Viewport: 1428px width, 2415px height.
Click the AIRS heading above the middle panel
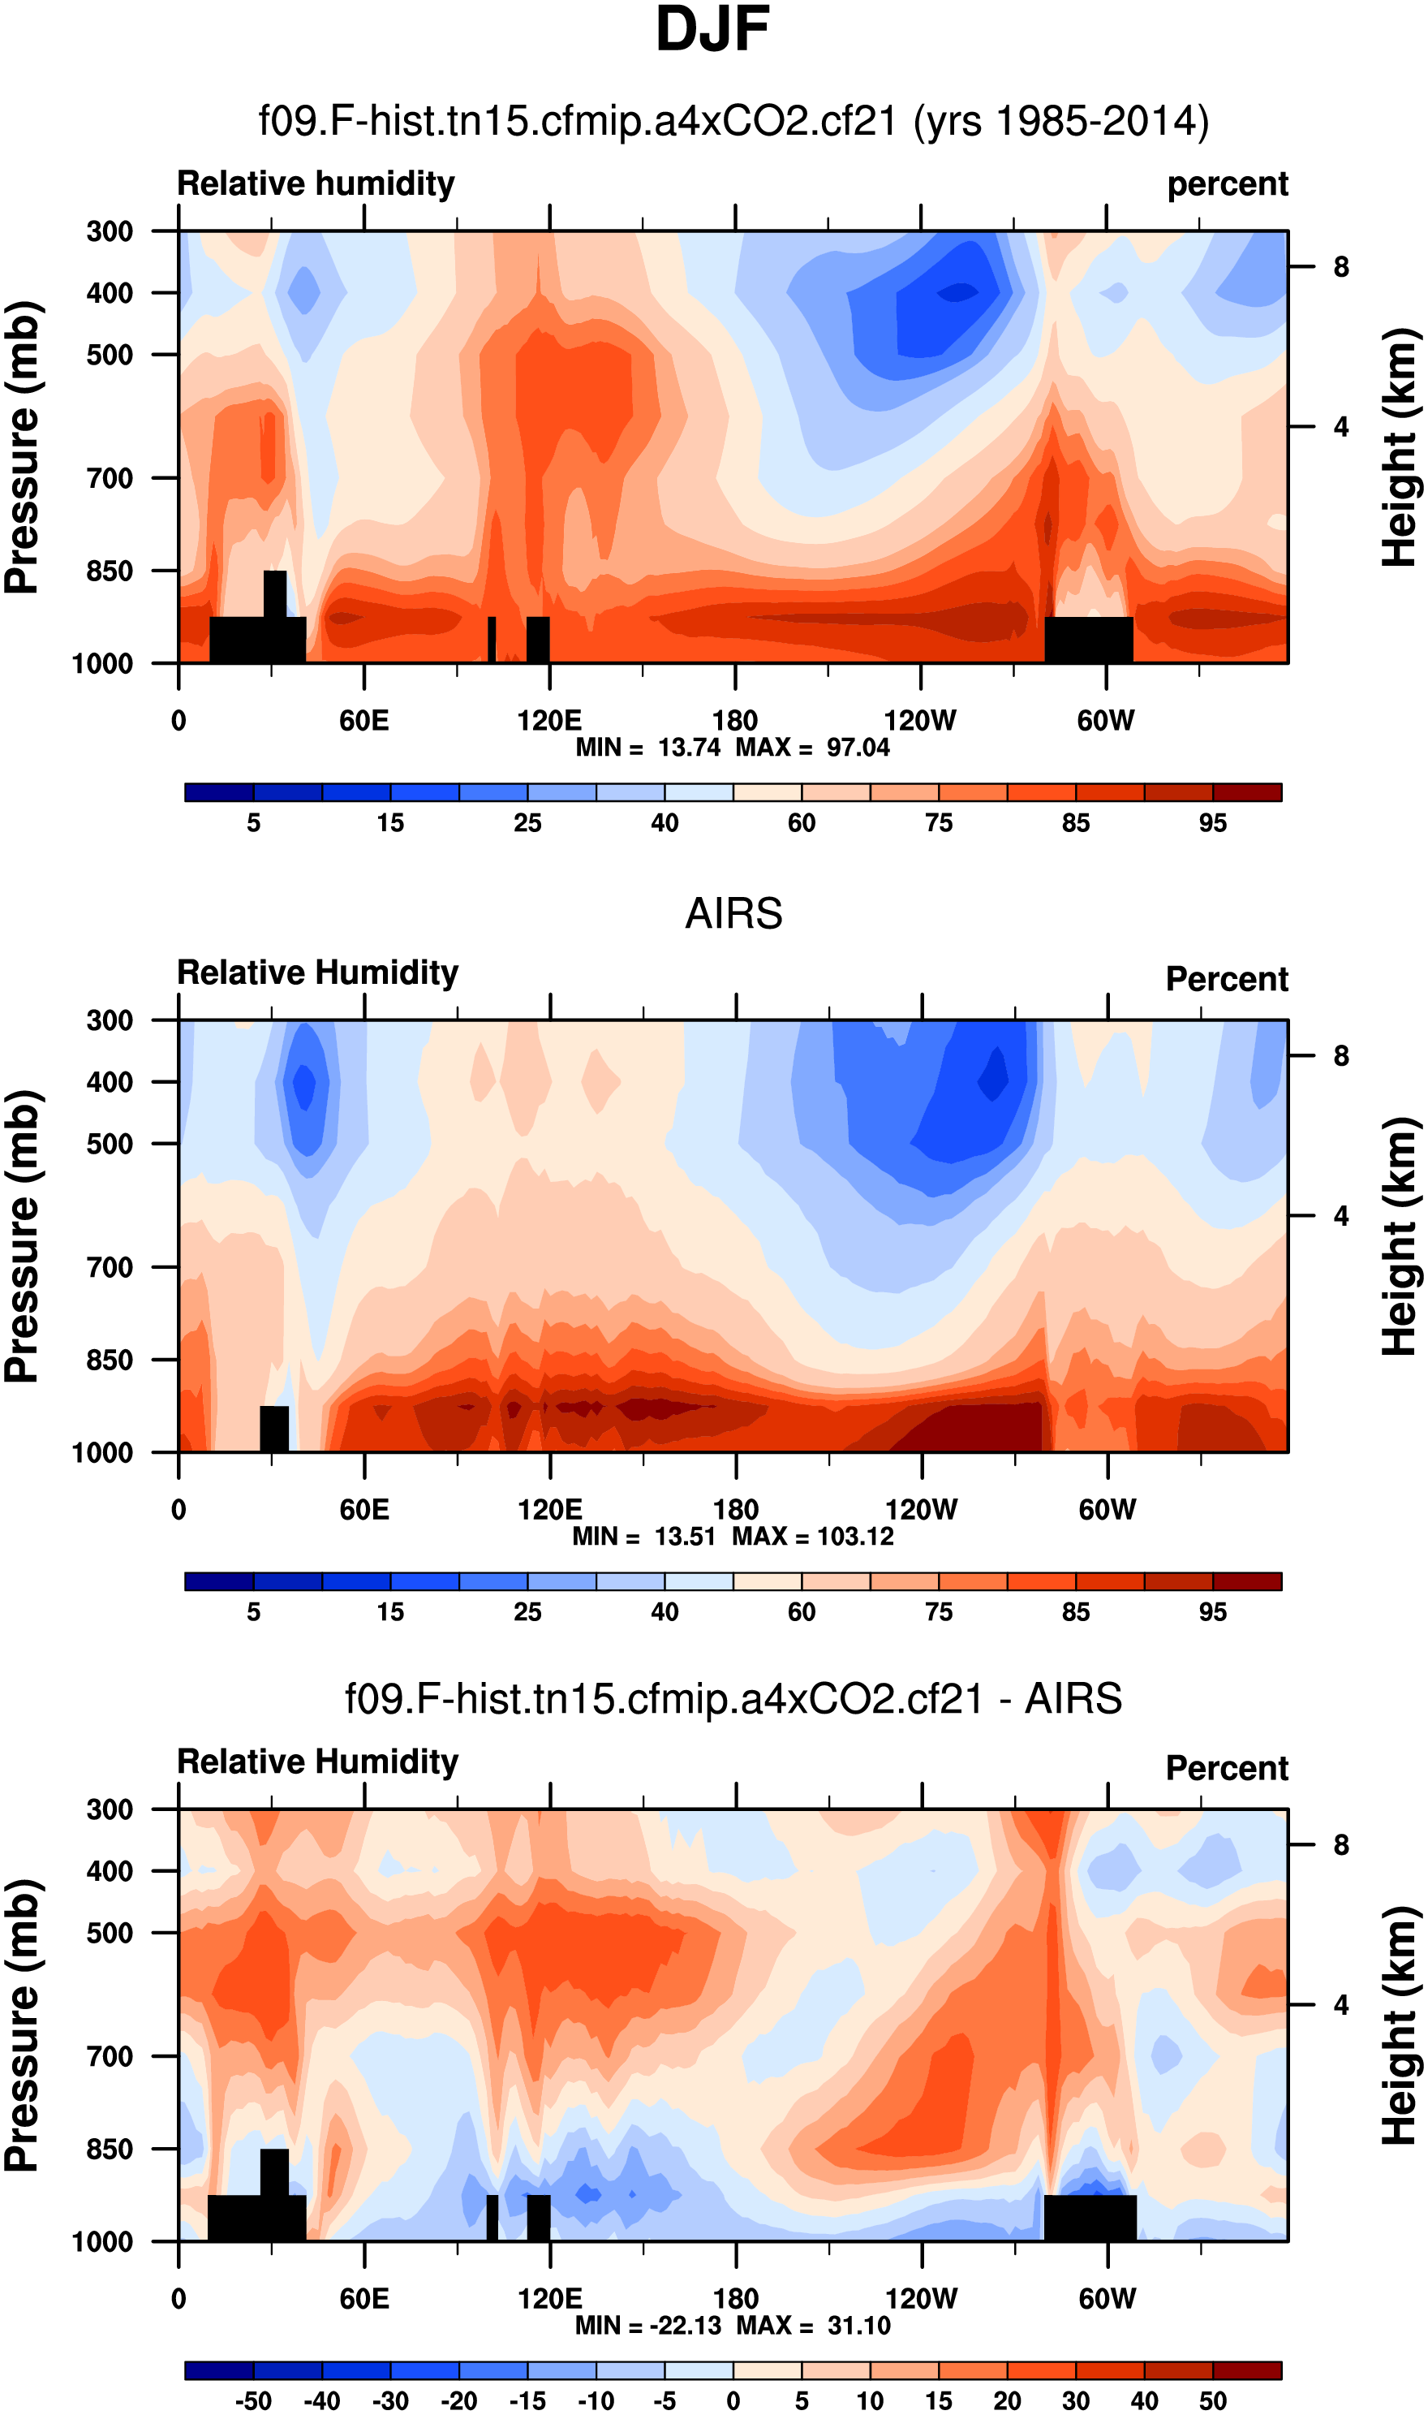(733, 913)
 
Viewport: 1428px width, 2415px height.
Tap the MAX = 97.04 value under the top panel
(813, 747)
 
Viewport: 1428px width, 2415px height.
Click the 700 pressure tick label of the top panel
(110, 477)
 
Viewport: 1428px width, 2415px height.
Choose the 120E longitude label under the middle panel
(549, 1509)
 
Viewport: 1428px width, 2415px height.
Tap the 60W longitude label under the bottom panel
(1107, 2299)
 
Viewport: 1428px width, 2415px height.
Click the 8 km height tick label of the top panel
(1341, 266)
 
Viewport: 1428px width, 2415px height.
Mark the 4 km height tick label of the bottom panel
(1341, 2005)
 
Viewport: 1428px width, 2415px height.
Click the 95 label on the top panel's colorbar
(1212, 823)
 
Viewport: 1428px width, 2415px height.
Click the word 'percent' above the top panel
(1227, 183)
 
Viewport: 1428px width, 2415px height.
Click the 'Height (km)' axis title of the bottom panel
(1401, 2025)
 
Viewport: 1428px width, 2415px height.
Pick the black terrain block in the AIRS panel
(274, 1429)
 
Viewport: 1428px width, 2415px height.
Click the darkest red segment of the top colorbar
(1247, 792)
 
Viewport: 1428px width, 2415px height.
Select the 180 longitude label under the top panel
(735, 720)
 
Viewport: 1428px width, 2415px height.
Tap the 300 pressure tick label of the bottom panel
(110, 1809)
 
